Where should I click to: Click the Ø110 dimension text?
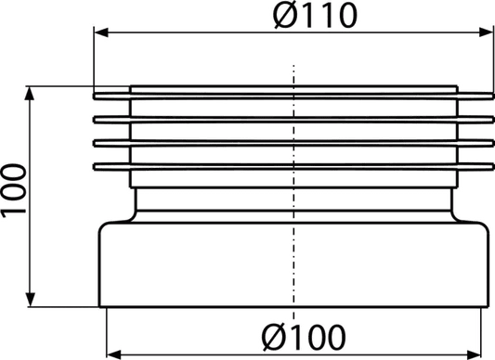pyautogui.click(x=315, y=16)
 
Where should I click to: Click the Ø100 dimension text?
pyautogui.click(x=304, y=337)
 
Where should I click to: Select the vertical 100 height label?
pyautogui.click(x=14, y=190)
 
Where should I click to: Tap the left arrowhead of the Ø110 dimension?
pyautogui.click(x=101, y=32)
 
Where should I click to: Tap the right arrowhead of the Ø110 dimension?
pyautogui.click(x=486, y=32)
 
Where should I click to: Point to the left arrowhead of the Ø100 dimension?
pyautogui.click(x=114, y=354)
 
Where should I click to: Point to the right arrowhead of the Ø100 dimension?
pyautogui.click(x=474, y=354)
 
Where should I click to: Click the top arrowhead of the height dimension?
pyautogui.click(x=30, y=93)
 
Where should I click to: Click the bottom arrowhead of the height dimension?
pyautogui.click(x=30, y=300)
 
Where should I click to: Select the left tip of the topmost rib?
pyautogui.click(x=94, y=96)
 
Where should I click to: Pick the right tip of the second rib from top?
pyautogui.click(x=493, y=120)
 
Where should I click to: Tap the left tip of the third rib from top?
pyautogui.click(x=94, y=143)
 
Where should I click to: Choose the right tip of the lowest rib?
pyautogui.click(x=493, y=167)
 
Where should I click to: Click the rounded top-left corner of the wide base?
pyautogui.click(x=102, y=226)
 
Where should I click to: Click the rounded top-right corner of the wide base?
pyautogui.click(x=486, y=226)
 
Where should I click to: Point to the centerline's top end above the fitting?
pyautogui.click(x=293, y=65)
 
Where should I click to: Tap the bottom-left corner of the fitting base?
pyautogui.click(x=99, y=307)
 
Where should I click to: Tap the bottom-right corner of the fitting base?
pyautogui.click(x=488, y=307)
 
